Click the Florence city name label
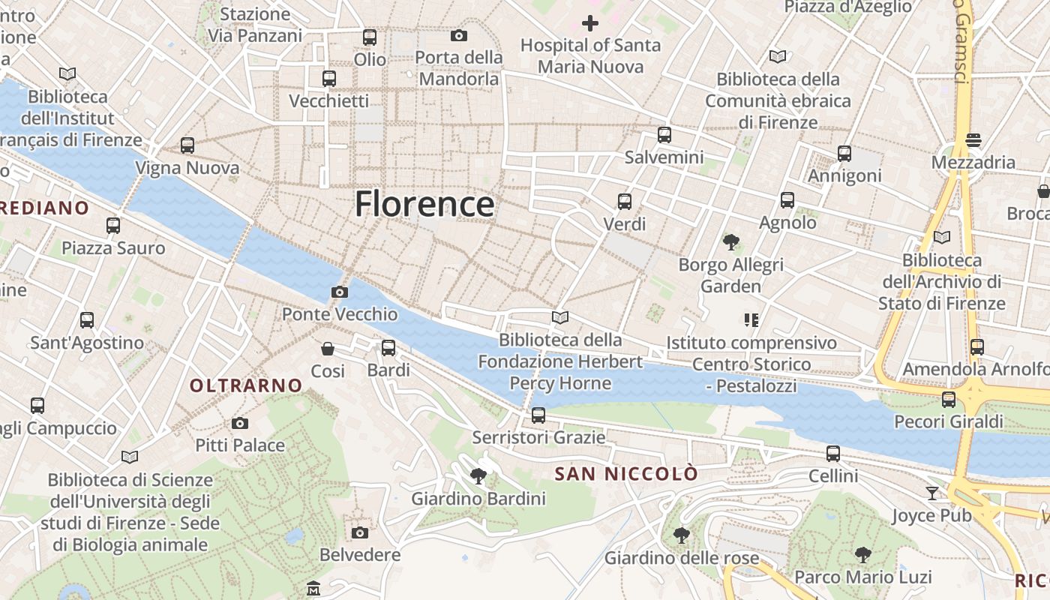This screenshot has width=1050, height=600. coord(424,204)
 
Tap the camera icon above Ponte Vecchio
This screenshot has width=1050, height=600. coord(340,292)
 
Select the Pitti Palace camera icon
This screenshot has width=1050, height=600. coord(240,424)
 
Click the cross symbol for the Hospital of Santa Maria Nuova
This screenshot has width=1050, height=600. coord(590,23)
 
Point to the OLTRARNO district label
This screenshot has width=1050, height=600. coord(246,385)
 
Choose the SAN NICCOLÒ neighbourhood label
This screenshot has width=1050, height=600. coord(625,474)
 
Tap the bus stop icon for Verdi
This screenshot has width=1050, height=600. coord(625,202)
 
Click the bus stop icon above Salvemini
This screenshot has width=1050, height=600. coord(664,135)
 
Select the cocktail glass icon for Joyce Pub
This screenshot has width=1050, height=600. coord(931,493)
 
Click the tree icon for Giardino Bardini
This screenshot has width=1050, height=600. coord(478,475)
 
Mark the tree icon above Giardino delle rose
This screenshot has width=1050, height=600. coord(681,535)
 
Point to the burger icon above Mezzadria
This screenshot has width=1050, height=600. coord(973,139)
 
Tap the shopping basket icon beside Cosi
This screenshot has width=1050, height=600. coord(328,349)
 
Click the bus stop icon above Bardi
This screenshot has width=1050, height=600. coord(388,348)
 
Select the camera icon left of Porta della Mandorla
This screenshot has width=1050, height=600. coord(459,35)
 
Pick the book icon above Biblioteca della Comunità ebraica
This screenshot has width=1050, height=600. coord(778,56)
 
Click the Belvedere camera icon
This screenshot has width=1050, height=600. coord(360,532)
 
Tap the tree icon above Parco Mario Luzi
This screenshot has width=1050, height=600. coord(863,554)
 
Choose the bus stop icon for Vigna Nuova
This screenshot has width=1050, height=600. coord(187,145)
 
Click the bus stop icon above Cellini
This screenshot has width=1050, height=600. coord(833,453)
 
